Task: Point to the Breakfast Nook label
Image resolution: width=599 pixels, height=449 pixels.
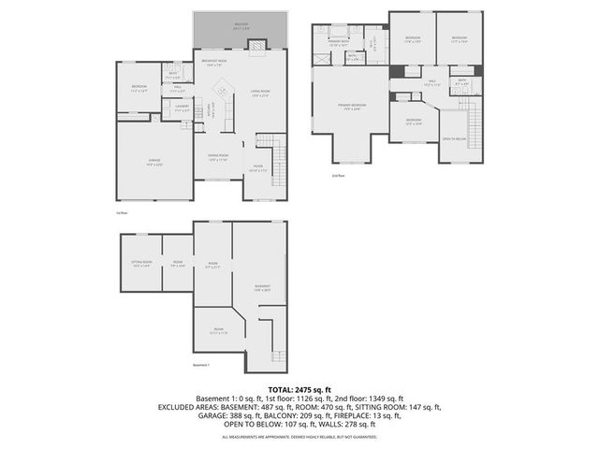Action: [215, 63]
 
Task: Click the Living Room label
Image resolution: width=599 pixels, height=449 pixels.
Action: [259, 94]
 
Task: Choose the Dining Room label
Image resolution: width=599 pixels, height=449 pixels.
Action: [218, 158]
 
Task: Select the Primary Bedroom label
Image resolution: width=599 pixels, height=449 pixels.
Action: [352, 106]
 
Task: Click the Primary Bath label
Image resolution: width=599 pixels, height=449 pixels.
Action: [339, 43]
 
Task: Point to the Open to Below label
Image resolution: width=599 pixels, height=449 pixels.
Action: [453, 138]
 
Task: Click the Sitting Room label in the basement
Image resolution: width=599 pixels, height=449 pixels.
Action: [141, 265]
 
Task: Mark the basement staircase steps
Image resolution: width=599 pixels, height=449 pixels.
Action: [277, 355]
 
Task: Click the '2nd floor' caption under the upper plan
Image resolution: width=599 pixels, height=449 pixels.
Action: [338, 175]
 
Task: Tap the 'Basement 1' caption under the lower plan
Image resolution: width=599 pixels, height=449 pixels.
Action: [201, 365]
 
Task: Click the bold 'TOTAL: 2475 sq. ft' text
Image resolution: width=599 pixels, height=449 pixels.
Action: [299, 389]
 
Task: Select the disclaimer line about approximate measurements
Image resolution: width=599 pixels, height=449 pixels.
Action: [299, 437]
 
